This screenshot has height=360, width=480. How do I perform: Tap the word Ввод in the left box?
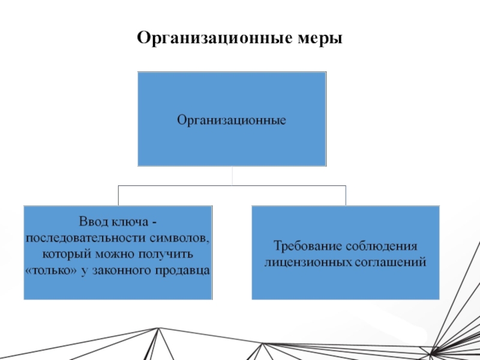point(92,223)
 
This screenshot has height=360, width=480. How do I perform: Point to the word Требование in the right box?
point(304,247)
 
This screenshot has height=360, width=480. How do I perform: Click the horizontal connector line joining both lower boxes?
point(180,186)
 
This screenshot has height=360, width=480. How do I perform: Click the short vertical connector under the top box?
point(232,176)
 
